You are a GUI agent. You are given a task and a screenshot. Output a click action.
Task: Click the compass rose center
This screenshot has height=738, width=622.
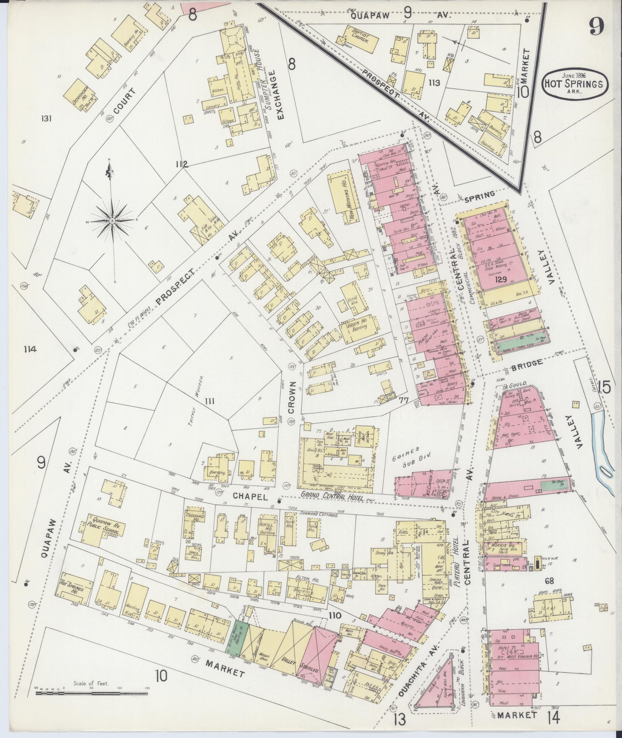pos(112,221)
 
